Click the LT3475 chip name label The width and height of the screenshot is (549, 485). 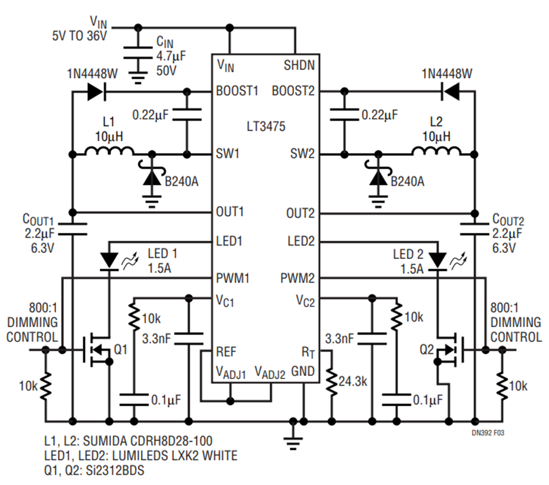pos(265,127)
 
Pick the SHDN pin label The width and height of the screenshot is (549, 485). pos(299,63)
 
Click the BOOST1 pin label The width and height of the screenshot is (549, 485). pos(237,91)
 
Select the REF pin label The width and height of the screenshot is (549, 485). pos(227,352)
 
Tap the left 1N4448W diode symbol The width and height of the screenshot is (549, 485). pos(95,92)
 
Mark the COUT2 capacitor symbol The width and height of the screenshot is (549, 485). pos(474,230)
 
